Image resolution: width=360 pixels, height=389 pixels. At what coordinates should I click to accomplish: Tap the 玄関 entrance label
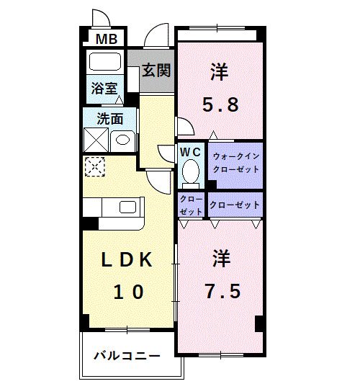point(156,71)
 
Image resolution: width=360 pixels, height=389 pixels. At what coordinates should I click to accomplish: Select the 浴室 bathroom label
point(104,89)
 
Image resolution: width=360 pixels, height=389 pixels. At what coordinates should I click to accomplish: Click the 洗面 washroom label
point(110,118)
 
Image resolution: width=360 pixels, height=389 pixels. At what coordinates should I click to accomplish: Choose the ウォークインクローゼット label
point(235,164)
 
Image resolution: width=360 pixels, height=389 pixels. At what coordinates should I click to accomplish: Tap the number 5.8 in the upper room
point(220,104)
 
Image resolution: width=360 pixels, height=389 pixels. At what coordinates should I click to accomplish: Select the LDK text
point(127,261)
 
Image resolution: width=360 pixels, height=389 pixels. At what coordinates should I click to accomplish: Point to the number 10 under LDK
point(128,292)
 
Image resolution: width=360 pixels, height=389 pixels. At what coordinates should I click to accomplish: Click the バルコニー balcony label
point(126,355)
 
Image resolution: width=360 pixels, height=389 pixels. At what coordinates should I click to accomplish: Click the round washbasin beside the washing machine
point(122,139)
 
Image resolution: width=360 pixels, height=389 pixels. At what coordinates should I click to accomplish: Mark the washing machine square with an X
point(96,138)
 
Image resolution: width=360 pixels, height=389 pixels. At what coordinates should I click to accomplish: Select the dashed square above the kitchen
point(94,167)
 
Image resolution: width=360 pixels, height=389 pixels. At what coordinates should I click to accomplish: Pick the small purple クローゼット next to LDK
point(191,205)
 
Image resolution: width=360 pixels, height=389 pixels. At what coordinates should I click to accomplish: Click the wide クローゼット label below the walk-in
point(235,205)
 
